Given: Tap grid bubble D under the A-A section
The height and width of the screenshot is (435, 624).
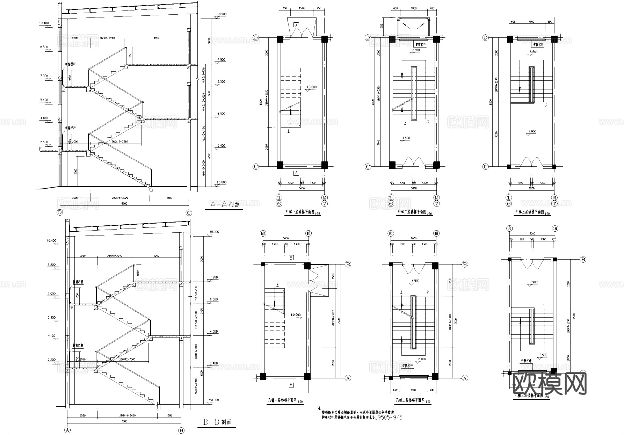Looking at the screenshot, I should (x=60, y=212).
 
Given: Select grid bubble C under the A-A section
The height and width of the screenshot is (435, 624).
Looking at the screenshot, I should (x=189, y=212).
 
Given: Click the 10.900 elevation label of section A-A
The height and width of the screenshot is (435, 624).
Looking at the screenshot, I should (x=222, y=15).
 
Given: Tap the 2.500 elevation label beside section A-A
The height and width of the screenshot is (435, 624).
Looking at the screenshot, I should (x=44, y=142).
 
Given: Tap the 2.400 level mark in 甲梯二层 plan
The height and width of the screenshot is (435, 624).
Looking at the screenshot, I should (x=415, y=50).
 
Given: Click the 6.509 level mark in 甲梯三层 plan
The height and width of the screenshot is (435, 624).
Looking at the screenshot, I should (x=533, y=52).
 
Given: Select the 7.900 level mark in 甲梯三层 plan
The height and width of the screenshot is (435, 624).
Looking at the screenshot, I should (x=532, y=131).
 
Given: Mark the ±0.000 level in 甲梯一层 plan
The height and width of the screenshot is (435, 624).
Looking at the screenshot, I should (x=311, y=87).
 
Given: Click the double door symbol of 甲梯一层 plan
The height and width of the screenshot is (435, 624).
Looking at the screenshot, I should (x=302, y=30).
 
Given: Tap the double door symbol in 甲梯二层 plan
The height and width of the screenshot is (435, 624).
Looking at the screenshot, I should (x=413, y=162).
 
